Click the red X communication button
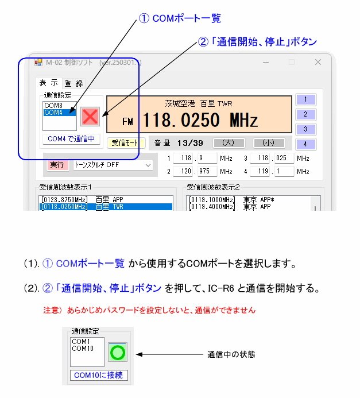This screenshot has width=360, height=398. click(90, 117)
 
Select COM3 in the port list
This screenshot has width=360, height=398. click(53, 105)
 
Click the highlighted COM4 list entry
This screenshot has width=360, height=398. click(60, 113)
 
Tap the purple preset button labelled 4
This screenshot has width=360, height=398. click(305, 144)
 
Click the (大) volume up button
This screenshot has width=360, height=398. click(229, 143)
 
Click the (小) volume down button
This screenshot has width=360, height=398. click(269, 143)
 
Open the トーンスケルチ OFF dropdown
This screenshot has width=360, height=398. click(113, 165)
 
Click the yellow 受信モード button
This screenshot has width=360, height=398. click(126, 143)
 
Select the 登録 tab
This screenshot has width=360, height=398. click(74, 83)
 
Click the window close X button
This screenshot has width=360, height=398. click(318, 62)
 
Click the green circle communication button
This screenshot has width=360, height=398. click(118, 352)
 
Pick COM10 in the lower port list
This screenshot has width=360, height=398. click(83, 349)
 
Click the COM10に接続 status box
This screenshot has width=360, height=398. click(99, 375)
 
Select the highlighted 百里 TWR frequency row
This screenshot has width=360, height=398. click(106, 207)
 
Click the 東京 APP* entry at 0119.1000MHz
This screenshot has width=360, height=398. click(231, 200)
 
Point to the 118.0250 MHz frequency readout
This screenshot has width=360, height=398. click(200, 120)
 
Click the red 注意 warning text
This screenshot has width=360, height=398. click(149, 310)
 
